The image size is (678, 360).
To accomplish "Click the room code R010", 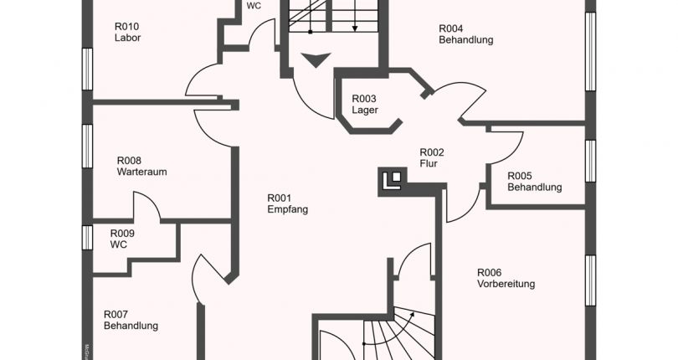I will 126,25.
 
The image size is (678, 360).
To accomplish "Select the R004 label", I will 452,28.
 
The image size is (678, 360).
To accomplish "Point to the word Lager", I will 364,110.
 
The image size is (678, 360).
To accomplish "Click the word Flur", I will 429,164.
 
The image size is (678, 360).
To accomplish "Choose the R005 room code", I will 520,176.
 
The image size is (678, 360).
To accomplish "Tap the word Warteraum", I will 142,172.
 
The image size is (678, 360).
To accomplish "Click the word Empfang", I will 288,209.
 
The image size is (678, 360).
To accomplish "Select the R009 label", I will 122,234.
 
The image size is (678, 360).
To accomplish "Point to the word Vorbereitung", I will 506,284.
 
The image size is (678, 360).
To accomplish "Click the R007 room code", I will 116,315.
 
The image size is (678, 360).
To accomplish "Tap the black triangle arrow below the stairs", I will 317,60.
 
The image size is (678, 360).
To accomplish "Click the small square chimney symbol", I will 391,179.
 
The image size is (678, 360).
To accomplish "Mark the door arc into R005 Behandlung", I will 500,151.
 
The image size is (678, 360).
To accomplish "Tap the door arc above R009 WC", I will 144,207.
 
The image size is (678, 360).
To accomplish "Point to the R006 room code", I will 490,272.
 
